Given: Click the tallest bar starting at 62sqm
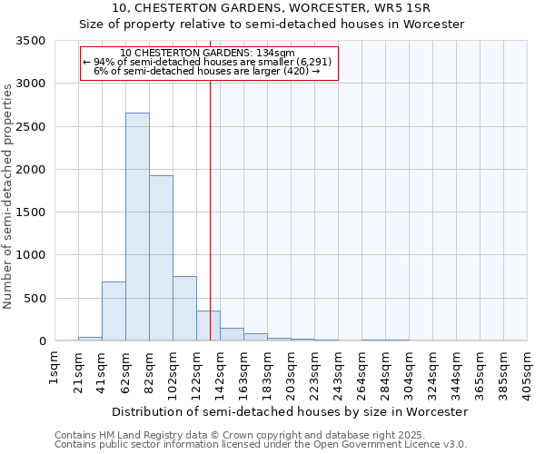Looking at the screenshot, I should click(x=137, y=227).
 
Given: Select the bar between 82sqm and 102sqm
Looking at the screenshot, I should click(x=161, y=259).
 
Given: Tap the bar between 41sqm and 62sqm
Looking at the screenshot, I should click(x=114, y=311).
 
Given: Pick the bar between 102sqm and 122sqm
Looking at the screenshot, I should click(x=184, y=309).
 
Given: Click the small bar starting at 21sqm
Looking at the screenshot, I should click(x=90, y=339).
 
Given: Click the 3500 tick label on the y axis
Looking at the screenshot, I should click(x=31, y=41).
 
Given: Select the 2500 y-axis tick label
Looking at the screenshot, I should click(x=31, y=127).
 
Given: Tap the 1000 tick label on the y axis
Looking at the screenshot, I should click(x=31, y=255).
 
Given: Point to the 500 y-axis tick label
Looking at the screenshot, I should click(x=35, y=299).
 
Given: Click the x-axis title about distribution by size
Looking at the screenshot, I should click(x=291, y=411).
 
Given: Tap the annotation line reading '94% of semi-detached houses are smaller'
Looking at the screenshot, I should click(x=207, y=62).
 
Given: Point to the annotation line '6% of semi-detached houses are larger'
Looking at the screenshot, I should click(x=207, y=71).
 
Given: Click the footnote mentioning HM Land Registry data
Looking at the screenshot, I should click(x=260, y=435).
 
